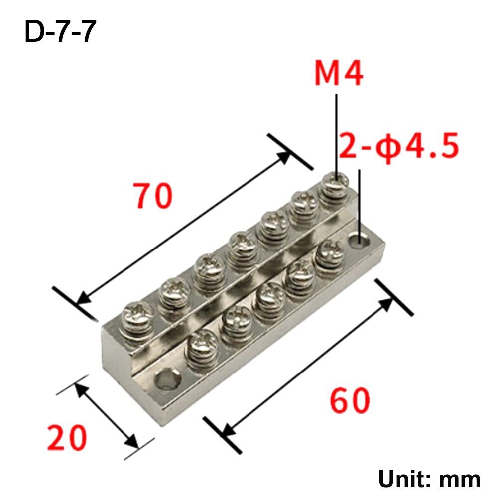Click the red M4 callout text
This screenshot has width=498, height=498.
339,74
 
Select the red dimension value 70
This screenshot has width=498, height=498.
153,196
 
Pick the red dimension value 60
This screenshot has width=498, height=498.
350,401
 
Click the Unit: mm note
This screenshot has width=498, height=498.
429,479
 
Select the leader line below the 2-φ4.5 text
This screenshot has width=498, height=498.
359,199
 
